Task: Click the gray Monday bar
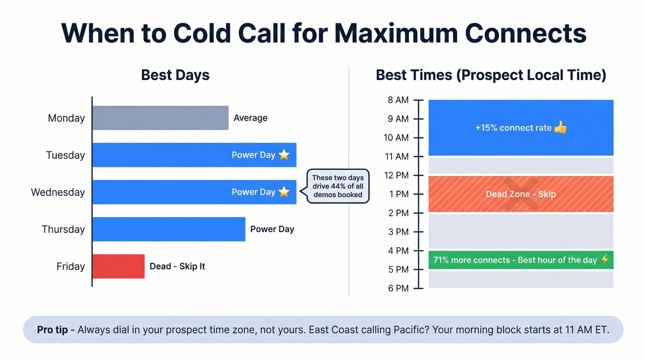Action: pos(160,118)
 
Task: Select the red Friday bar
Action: pos(118,266)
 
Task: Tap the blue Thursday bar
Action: pos(169,229)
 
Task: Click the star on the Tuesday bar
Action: pos(284,155)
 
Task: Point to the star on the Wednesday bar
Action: pos(284,192)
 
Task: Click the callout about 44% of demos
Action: pos(338,186)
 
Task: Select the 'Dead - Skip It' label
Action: pos(177,266)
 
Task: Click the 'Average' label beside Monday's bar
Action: pos(250,118)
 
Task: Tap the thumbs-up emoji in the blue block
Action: pos(560,128)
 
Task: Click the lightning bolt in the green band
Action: pos(604,260)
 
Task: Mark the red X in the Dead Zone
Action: pos(521,194)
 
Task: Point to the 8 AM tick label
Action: pos(398,100)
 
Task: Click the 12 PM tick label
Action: pos(397,176)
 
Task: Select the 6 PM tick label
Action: pos(398,289)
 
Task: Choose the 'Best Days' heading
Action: pos(175,75)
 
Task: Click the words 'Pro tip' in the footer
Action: pos(53,330)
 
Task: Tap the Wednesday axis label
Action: pos(58,192)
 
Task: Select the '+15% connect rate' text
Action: pos(513,128)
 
